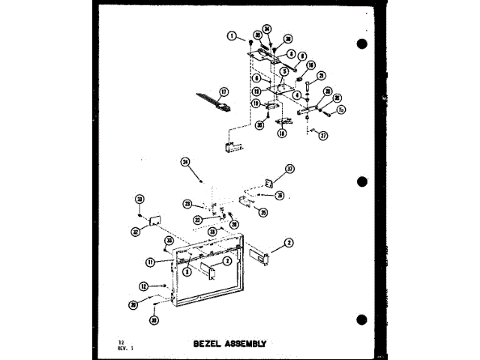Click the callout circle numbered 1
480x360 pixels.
[233, 35]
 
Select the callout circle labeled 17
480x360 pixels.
[223, 92]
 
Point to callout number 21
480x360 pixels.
[320, 76]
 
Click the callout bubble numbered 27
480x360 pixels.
[323, 136]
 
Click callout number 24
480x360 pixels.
[185, 160]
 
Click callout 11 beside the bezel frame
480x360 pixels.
[150, 261]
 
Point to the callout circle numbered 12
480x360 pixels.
[142, 286]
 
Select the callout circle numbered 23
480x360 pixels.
[188, 202]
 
